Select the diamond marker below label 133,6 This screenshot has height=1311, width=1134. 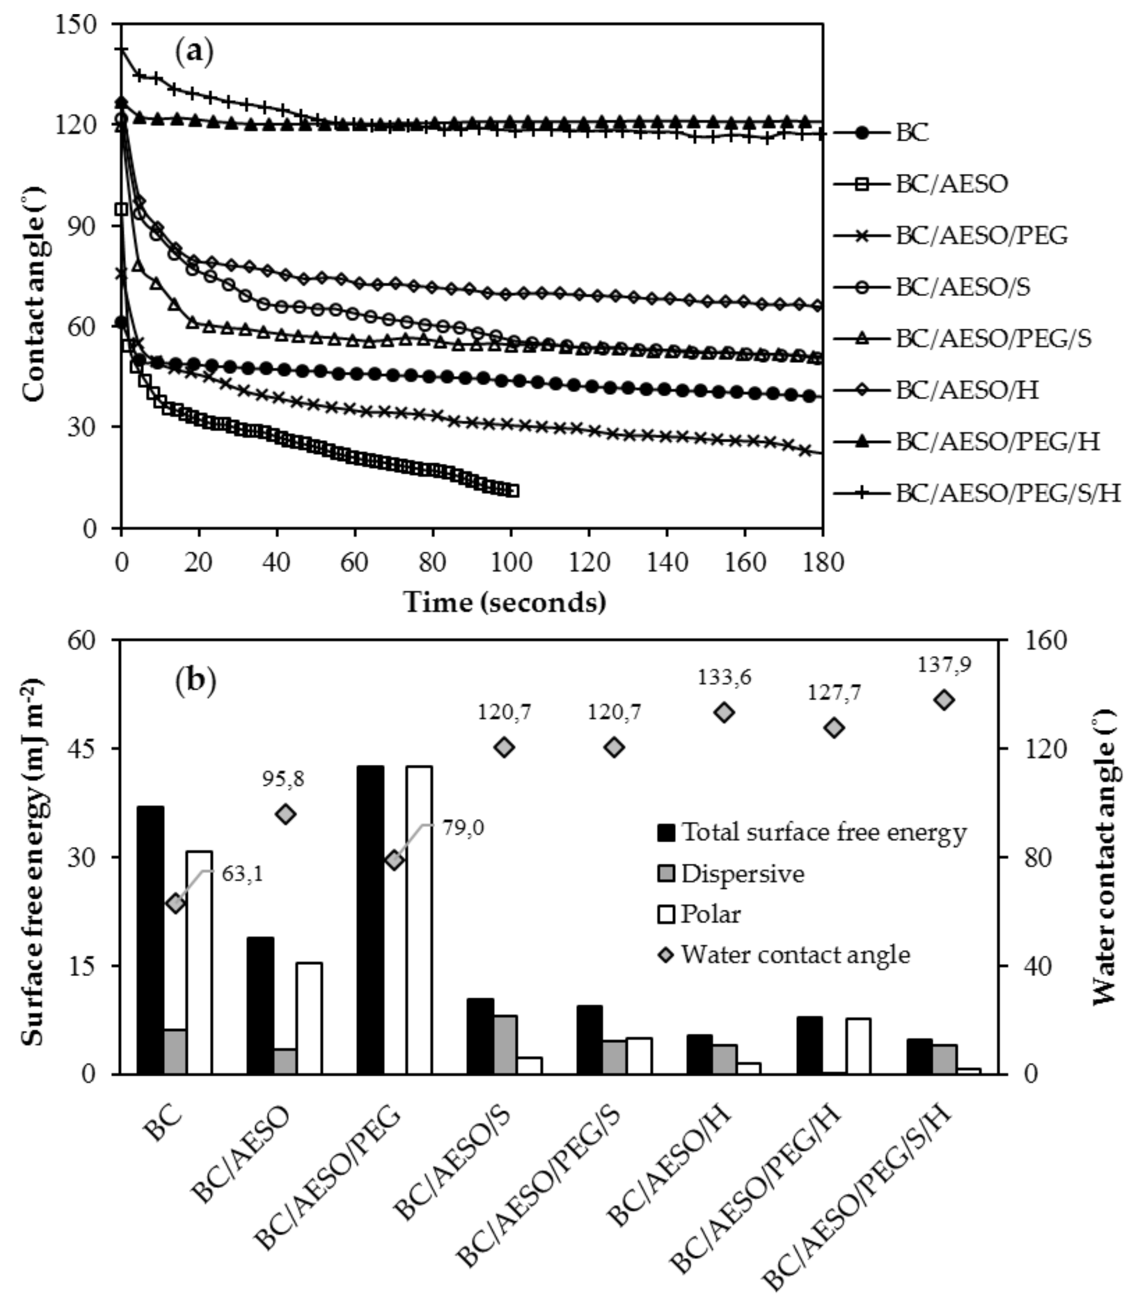724,712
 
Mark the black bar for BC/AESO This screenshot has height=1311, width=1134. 260,1005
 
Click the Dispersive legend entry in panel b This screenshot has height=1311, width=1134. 742,874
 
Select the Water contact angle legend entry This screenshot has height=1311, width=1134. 795,955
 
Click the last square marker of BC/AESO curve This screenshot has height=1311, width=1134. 513,491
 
